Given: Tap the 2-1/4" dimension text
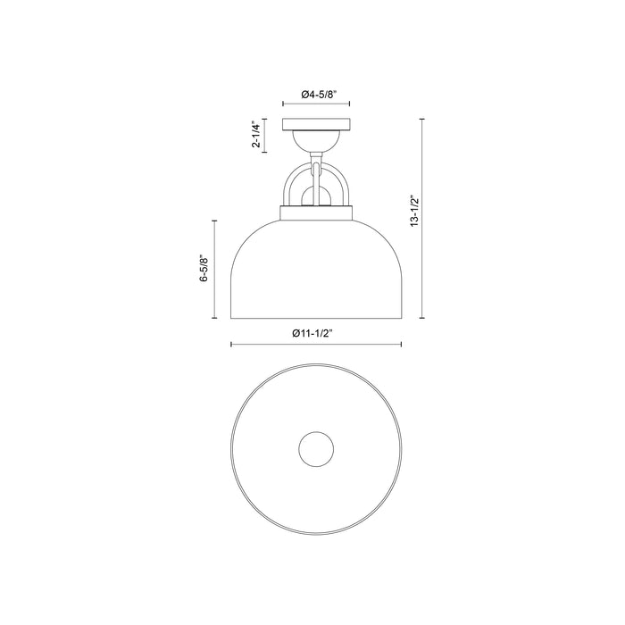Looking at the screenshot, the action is [x=256, y=134].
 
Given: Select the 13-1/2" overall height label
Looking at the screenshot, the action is [x=415, y=212].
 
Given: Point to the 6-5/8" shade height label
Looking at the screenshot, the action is [x=204, y=268].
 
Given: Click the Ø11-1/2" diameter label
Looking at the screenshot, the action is [x=312, y=334].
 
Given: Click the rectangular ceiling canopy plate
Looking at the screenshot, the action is [x=316, y=124].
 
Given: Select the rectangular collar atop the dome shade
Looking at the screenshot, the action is [x=316, y=212].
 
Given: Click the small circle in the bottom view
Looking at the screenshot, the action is [x=316, y=449].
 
